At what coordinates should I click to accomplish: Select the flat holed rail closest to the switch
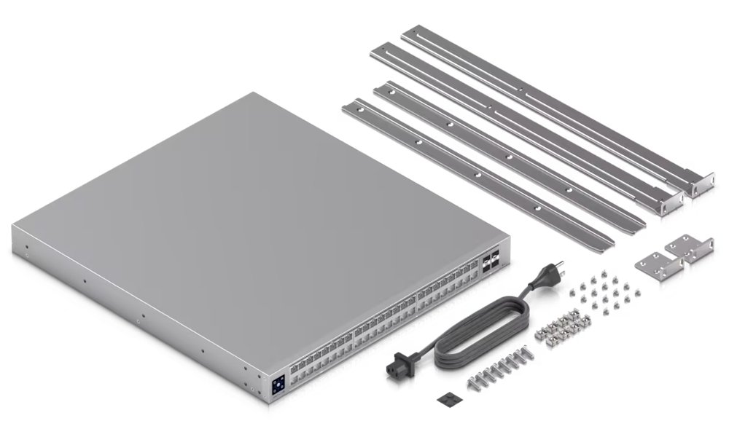(x=474, y=171)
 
